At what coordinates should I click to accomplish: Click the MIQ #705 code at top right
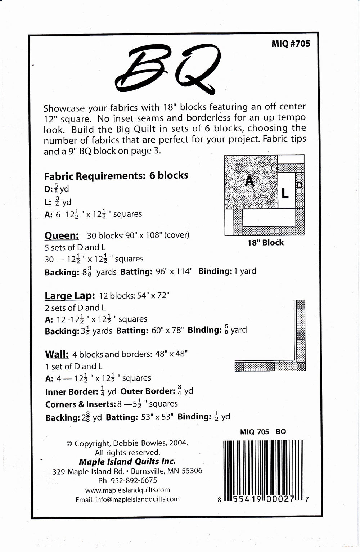click(291, 44)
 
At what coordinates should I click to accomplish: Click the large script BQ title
click(168, 69)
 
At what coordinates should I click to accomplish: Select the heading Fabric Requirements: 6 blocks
click(116, 176)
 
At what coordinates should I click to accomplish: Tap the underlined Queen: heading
click(62, 235)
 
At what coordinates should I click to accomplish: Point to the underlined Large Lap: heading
click(70, 296)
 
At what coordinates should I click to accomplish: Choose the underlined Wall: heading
click(57, 354)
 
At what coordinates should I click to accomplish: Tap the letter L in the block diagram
click(285, 193)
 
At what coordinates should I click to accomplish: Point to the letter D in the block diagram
click(300, 185)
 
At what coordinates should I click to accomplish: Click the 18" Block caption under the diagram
click(265, 243)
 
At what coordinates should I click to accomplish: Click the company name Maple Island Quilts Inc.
click(127, 461)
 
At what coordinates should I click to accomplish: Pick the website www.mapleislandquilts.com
click(127, 490)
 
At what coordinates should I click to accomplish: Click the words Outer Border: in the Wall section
click(148, 391)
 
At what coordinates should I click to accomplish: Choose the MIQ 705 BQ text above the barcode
click(263, 432)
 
